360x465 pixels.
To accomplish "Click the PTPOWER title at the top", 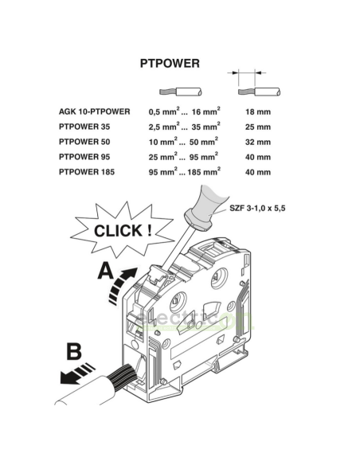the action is tap(170, 64).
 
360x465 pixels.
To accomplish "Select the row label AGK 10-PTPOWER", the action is tap(94, 111).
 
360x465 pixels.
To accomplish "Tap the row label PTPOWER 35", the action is tap(84, 127).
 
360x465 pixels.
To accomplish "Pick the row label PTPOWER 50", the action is tap(84, 142).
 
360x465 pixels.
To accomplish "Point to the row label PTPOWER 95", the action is tap(84, 157).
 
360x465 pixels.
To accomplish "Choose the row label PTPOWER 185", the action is tap(87, 172).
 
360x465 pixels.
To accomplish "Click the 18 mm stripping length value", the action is tap(258, 111).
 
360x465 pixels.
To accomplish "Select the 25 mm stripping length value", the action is tap(258, 127).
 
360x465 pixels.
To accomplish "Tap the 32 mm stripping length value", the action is tap(258, 142).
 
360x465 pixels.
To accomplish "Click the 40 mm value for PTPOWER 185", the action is tap(258, 172).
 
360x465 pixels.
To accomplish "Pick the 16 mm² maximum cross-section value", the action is tap(205, 111).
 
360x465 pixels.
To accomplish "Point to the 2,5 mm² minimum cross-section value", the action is tap(164, 127).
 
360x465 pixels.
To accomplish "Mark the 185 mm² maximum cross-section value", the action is tap(204, 171).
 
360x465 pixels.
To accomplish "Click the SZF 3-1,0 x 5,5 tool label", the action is tap(257, 208).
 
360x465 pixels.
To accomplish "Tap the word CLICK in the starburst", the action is tap(119, 231).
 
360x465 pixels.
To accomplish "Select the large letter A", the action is tap(106, 271).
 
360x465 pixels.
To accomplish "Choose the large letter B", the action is tap(74, 351).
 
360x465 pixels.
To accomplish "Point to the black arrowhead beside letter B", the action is tap(68, 377).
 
